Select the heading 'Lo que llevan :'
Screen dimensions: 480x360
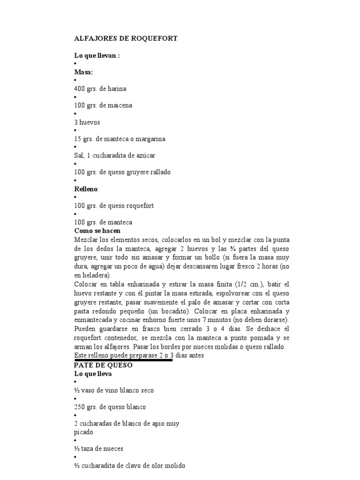(97, 56)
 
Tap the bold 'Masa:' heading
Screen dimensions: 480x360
(83, 72)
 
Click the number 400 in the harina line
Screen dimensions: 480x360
(80, 89)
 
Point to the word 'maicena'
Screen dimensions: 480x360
(120, 105)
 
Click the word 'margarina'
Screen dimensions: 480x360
(149, 139)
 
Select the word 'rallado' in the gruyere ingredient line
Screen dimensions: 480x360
(160, 172)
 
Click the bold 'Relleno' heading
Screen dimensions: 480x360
(85, 189)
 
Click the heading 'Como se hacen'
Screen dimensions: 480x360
(97, 231)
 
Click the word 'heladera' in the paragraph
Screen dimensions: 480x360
(95, 276)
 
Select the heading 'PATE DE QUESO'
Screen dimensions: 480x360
(103, 366)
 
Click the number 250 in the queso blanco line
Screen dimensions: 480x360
(80, 407)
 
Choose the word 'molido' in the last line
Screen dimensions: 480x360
(174, 466)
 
